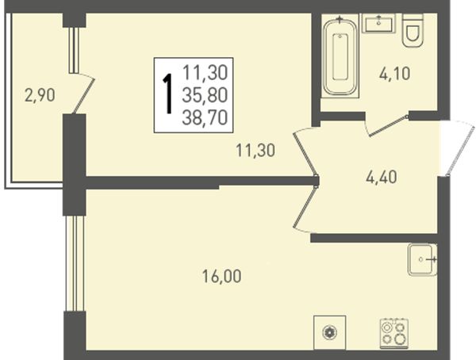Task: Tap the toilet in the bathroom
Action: pos(413,30)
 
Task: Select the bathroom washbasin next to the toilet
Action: pos(379,23)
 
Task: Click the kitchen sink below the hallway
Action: pos(422,259)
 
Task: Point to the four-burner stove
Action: pos(394,333)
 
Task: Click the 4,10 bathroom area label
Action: pos(394,74)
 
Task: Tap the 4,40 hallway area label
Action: pos(382,178)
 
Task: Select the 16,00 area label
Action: pos(221,276)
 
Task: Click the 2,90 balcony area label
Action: pos(40,95)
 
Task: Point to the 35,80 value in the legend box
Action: pos(205,95)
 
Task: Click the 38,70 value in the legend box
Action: pos(205,118)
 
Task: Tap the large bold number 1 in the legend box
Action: pos(167,94)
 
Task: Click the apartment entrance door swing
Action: pos(458,147)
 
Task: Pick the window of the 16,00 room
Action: pos(75,263)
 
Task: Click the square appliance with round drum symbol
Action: pos(330,333)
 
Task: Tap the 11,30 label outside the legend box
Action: pos(255,150)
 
